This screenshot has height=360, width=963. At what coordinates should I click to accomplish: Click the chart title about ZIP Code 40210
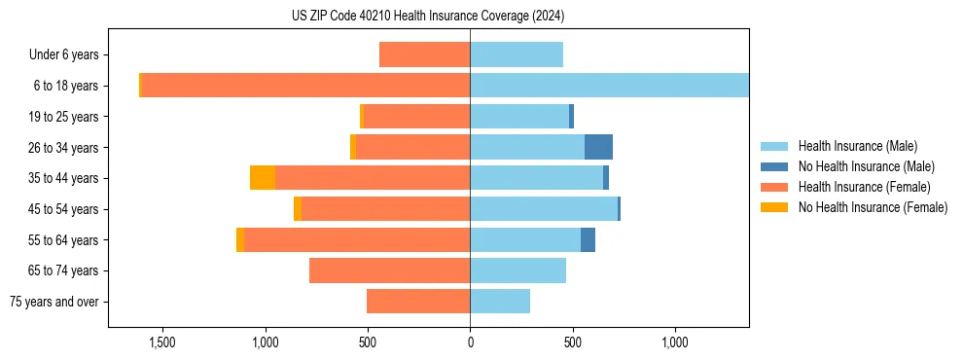pyautogui.click(x=428, y=17)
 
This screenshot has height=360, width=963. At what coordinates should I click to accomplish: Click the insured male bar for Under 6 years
pyautogui.click(x=517, y=55)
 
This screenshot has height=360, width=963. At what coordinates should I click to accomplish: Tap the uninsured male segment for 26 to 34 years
pyautogui.click(x=598, y=147)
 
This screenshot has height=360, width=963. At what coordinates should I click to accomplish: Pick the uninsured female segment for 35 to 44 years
pyautogui.click(x=263, y=178)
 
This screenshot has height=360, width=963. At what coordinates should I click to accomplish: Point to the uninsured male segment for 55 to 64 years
pyautogui.click(x=588, y=239)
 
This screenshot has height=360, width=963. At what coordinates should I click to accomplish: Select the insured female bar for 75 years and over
pyautogui.click(x=418, y=302)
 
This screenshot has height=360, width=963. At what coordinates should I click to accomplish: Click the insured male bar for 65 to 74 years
pyautogui.click(x=517, y=270)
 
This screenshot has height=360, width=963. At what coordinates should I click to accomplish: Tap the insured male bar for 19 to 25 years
pyautogui.click(x=519, y=117)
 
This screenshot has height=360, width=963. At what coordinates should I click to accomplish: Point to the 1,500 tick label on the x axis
pyautogui.click(x=161, y=342)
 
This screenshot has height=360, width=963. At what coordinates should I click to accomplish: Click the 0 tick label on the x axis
pyautogui.click(x=470, y=342)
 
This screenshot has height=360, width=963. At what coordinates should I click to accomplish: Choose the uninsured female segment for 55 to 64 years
pyautogui.click(x=240, y=239)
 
